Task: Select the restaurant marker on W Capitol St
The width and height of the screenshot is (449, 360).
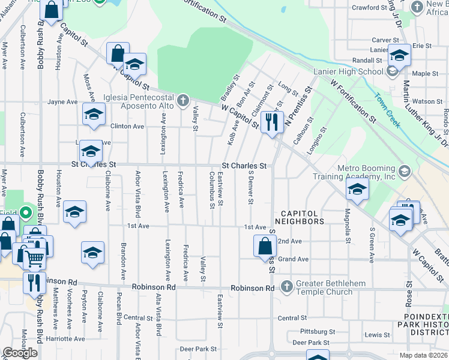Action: (x=272, y=122)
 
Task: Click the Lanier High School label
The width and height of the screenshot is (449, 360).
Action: (x=348, y=72)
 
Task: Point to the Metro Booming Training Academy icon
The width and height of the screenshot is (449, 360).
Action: (x=404, y=172)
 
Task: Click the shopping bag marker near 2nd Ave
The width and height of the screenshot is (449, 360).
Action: (x=265, y=245)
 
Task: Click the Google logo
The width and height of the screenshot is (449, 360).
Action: (x=20, y=352)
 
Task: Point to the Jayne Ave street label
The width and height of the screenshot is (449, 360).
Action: (x=64, y=102)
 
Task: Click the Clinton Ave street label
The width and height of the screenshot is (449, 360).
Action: (x=127, y=127)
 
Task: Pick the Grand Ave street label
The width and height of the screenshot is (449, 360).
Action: (x=293, y=259)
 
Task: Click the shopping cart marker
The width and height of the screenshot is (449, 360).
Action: (x=34, y=259)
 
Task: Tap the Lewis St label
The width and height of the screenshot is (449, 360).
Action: (x=377, y=334)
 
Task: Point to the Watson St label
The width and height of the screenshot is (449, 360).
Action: (x=427, y=101)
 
